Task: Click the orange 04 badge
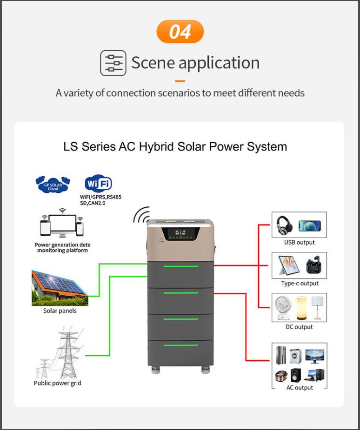(180, 32)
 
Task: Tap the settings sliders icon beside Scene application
(113, 63)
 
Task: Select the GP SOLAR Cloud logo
(53, 185)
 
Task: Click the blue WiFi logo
(98, 184)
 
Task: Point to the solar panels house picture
(60, 288)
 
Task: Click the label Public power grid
(57, 383)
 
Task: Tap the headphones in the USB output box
(284, 225)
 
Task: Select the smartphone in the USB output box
(309, 226)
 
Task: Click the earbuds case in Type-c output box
(313, 265)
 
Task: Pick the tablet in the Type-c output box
(288, 265)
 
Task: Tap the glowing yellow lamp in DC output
(301, 308)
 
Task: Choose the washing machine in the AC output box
(295, 356)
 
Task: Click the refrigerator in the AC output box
(281, 355)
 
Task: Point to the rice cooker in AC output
(281, 376)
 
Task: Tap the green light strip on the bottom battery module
(181, 345)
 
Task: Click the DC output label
(299, 327)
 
